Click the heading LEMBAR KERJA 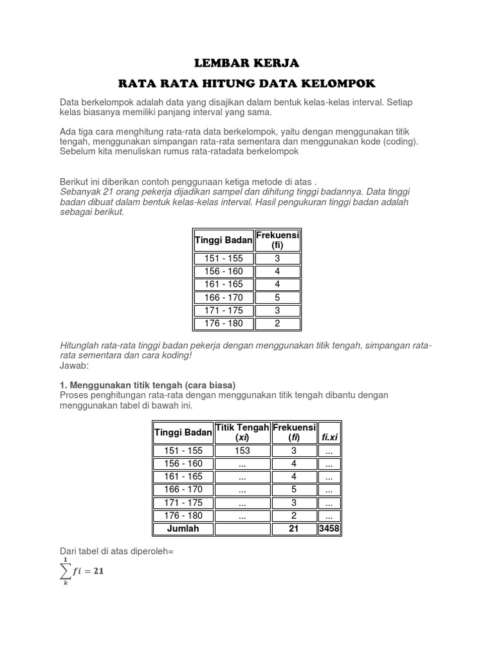(x=247, y=63)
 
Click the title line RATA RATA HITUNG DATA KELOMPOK (x=247, y=84)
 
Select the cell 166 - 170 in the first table (x=224, y=297)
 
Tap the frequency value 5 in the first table (x=277, y=297)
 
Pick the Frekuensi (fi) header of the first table (x=277, y=240)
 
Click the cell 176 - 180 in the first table (x=224, y=323)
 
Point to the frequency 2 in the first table (x=277, y=323)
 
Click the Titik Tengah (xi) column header (x=242, y=432)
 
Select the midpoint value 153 (x=242, y=451)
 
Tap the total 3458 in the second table (x=329, y=528)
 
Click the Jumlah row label (x=183, y=528)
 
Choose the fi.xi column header (x=329, y=438)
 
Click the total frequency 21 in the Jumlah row (x=294, y=528)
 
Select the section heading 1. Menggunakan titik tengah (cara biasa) (x=148, y=384)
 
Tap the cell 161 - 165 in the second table (x=183, y=477)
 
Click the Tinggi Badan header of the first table (x=224, y=240)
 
